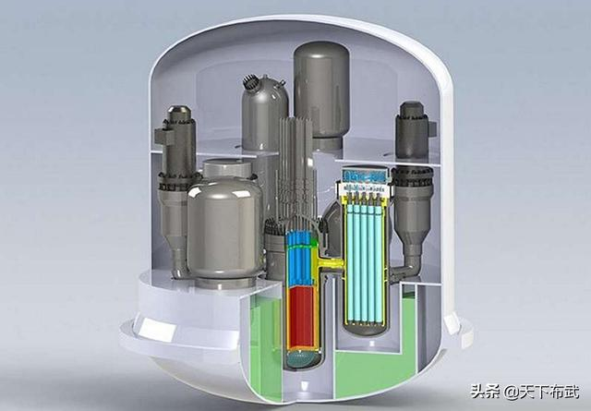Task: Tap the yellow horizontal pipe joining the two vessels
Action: tap(331, 263)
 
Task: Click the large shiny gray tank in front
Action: tap(224, 228)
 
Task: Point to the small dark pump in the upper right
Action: tap(412, 130)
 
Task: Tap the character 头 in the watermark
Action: tap(477, 392)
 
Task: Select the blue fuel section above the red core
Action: tap(299, 259)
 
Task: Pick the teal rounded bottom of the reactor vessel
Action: tap(302, 359)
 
